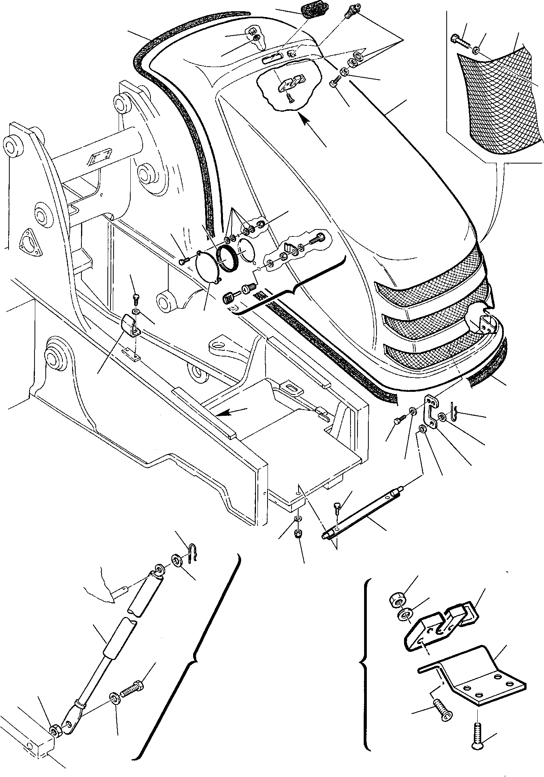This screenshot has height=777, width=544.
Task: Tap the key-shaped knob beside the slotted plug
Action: click(x=229, y=298)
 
